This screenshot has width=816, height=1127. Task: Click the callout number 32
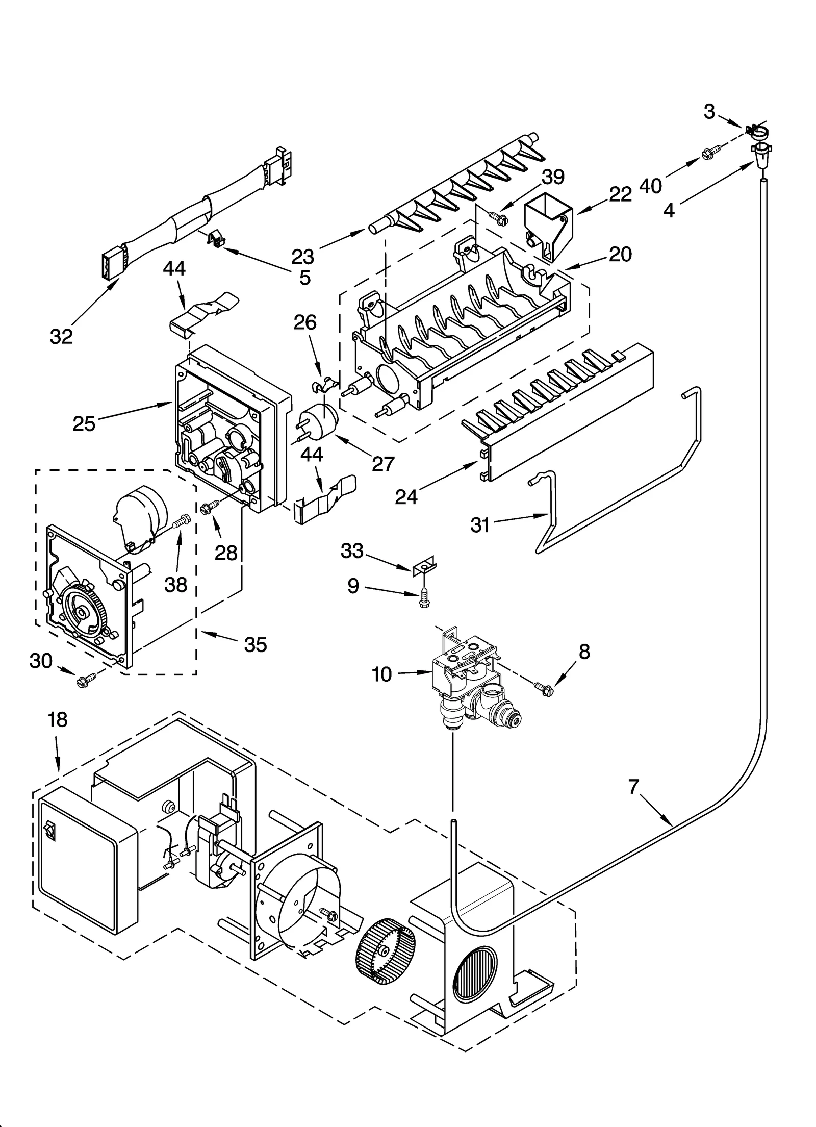coord(61,336)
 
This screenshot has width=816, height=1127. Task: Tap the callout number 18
coord(57,720)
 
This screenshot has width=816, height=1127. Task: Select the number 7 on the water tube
coord(633,787)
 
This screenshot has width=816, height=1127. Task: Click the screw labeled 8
coord(543,687)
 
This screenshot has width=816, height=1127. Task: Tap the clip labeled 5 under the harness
coord(217,238)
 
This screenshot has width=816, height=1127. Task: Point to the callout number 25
coord(84,423)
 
